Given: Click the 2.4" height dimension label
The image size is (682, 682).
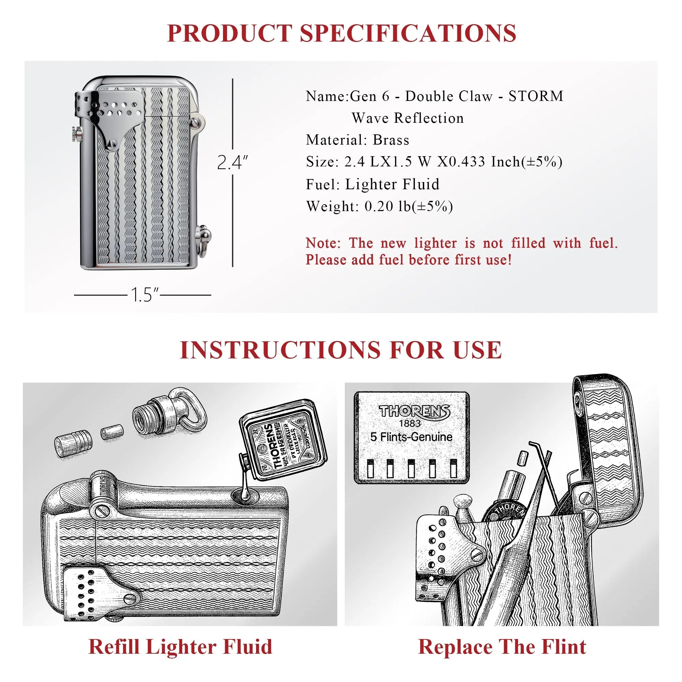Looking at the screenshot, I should click(232, 162).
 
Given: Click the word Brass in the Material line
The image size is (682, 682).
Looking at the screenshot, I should click(391, 140).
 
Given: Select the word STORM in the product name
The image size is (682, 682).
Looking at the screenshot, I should click(536, 96).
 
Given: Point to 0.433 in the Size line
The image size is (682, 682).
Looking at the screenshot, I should click(468, 162).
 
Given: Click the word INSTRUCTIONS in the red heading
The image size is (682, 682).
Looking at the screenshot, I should click(279, 350).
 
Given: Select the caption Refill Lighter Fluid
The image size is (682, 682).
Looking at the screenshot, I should click(180, 647).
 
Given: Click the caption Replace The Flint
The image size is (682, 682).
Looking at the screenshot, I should click(502, 647).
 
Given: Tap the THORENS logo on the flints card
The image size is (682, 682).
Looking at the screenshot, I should click(414, 411).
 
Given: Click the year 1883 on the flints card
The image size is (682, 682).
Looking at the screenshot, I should click(410, 423).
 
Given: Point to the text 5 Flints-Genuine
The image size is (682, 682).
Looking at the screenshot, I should click(411, 437).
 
